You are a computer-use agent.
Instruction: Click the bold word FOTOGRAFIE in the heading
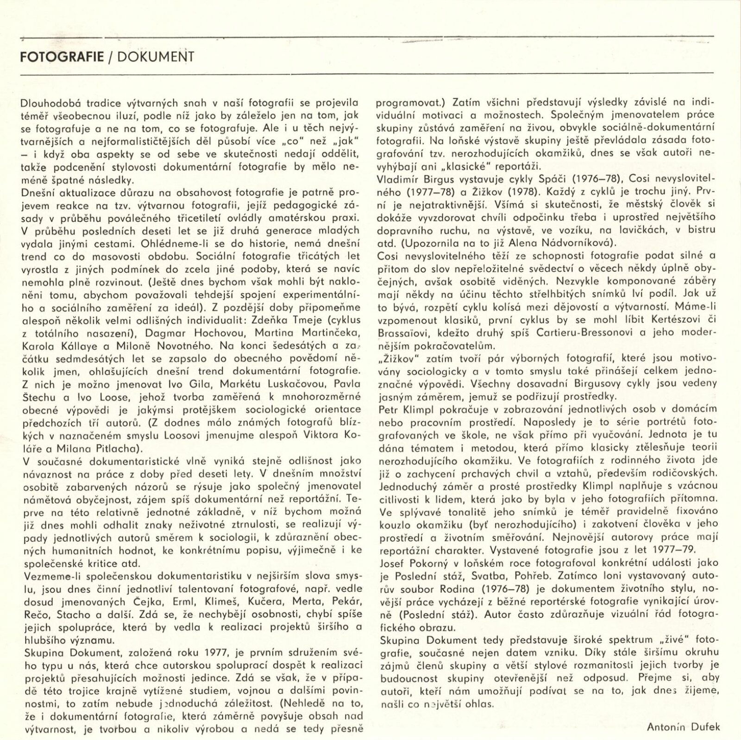click(x=62, y=57)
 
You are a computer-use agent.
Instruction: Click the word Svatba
click(x=502, y=576)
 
